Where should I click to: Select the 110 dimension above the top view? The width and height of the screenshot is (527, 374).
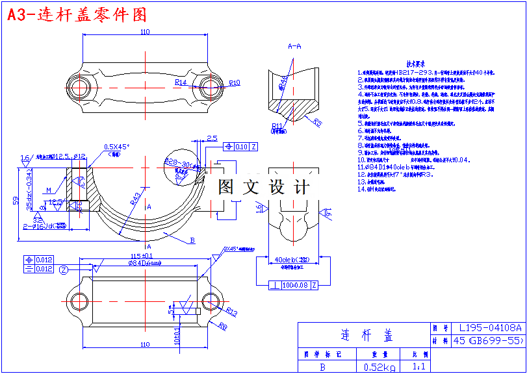[144, 32]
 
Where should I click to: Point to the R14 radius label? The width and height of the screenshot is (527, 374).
[181, 82]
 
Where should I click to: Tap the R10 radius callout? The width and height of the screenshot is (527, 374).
[235, 82]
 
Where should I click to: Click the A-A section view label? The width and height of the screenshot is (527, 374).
[294, 46]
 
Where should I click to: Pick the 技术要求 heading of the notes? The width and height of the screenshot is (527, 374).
[416, 64]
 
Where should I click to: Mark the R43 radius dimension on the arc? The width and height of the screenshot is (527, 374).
[136, 199]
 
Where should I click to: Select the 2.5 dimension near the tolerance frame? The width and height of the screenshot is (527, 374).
[212, 138]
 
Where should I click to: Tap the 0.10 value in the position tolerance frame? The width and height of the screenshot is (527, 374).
[241, 147]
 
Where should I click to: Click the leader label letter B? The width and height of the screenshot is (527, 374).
[192, 240]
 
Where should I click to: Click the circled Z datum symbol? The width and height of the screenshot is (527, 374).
[64, 269]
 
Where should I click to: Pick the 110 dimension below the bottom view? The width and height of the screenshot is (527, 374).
[144, 345]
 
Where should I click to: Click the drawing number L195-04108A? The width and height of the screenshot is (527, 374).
[486, 329]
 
